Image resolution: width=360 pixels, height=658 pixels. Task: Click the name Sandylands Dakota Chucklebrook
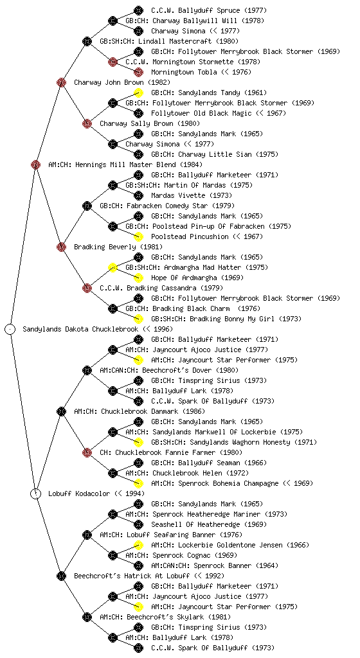(x=80, y=329)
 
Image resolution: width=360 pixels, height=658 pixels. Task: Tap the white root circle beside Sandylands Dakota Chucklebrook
(x=10, y=329)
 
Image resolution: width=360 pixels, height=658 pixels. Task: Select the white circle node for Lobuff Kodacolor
(x=36, y=493)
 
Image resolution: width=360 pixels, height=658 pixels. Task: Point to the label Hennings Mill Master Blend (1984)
(x=125, y=164)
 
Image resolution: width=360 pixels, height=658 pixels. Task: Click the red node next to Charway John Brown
(x=61, y=82)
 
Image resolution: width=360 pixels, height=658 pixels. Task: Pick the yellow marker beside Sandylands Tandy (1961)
(x=138, y=93)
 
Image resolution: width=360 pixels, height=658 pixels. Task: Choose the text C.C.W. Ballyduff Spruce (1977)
(x=209, y=10)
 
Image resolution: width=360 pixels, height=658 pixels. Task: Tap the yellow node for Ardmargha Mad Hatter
(x=113, y=267)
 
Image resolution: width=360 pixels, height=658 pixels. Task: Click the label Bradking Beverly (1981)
(x=118, y=247)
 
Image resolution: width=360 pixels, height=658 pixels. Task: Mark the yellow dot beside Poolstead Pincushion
(x=138, y=236)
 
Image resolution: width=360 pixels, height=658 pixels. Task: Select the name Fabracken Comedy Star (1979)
(x=167, y=206)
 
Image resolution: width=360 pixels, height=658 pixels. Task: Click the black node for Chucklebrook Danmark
(x=61, y=411)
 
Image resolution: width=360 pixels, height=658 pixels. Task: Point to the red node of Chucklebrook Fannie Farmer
(x=87, y=452)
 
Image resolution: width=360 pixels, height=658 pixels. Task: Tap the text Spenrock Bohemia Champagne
(x=215, y=483)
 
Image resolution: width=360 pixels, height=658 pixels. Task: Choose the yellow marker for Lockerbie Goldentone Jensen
(x=138, y=545)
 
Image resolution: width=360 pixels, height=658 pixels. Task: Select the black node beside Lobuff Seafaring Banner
(x=87, y=535)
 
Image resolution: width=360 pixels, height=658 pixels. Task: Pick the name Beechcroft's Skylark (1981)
(x=165, y=617)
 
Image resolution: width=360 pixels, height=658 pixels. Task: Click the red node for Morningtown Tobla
(x=138, y=72)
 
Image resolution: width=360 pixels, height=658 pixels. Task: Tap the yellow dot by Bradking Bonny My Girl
(x=138, y=319)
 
